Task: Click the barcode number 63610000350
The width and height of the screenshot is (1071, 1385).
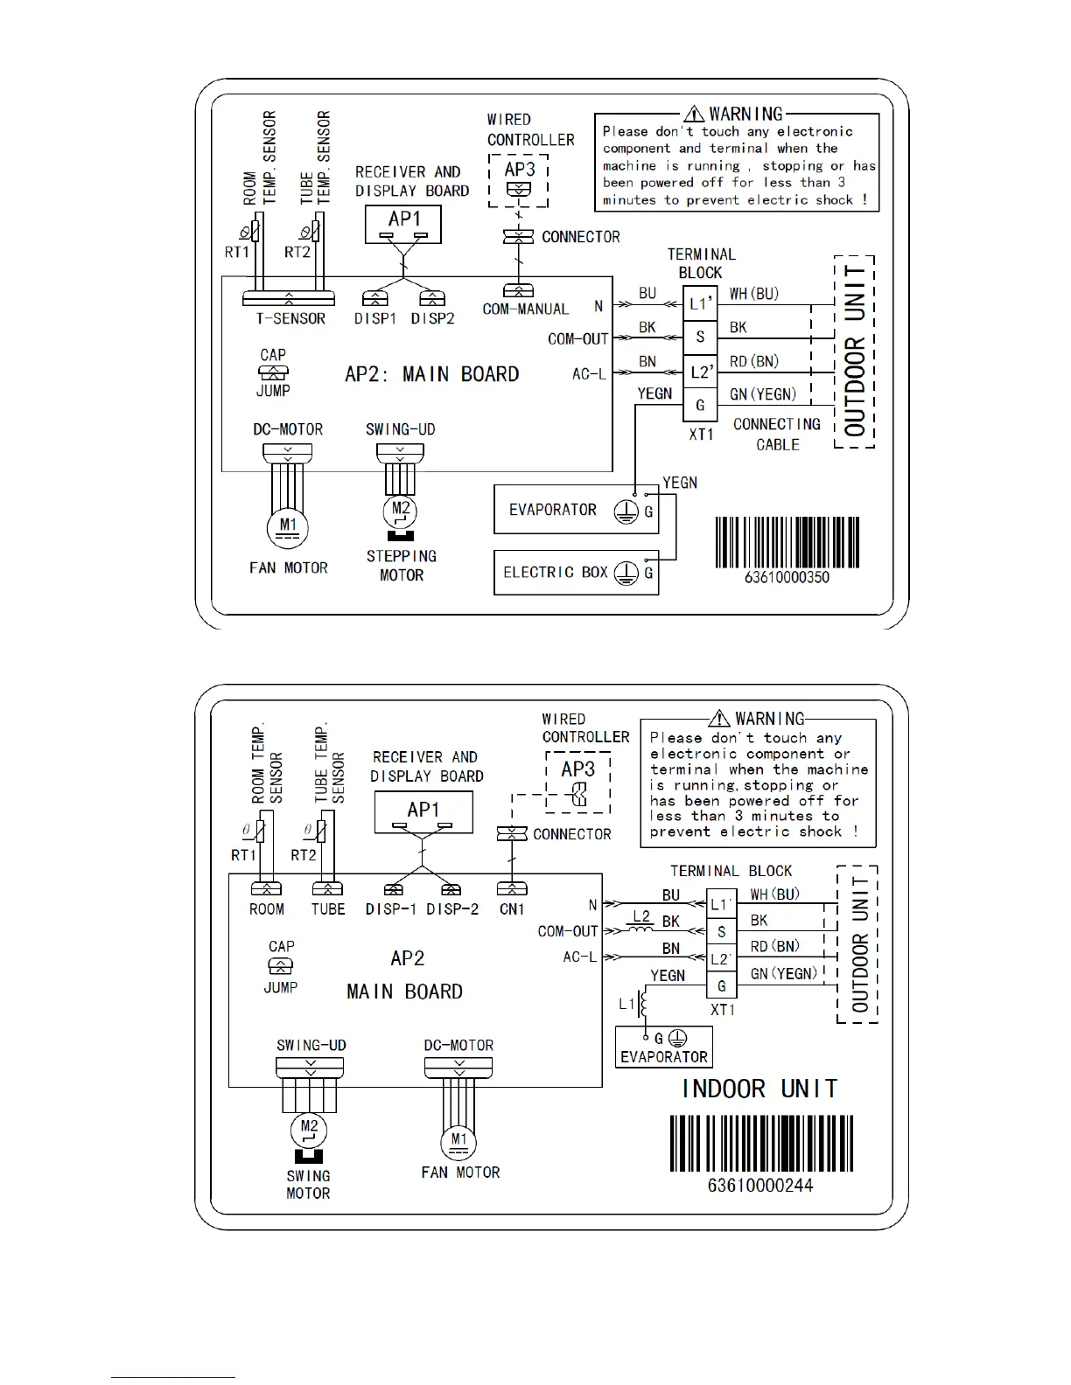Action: (x=787, y=577)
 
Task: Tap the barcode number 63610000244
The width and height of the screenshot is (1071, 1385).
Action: (x=759, y=1186)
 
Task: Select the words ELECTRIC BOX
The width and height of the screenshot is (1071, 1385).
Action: (x=555, y=572)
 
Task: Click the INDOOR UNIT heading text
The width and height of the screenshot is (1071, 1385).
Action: (x=759, y=1089)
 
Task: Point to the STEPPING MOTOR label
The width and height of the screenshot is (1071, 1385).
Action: (x=402, y=566)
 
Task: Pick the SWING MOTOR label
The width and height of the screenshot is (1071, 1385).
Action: (x=308, y=1185)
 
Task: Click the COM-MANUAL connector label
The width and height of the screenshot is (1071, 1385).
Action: (x=525, y=309)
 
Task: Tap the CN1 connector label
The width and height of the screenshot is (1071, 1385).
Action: (x=512, y=909)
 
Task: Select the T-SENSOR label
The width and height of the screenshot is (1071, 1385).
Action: (x=290, y=319)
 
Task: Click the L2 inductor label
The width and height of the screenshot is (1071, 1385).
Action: (x=641, y=916)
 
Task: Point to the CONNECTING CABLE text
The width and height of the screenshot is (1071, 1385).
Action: (x=777, y=435)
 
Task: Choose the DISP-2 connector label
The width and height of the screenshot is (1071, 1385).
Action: (x=452, y=909)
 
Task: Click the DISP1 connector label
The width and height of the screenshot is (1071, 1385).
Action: (x=375, y=319)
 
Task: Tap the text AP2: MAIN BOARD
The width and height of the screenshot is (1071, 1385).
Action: (x=432, y=374)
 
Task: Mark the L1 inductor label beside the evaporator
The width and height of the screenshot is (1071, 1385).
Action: (x=626, y=1004)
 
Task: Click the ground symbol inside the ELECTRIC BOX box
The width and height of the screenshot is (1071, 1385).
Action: (x=625, y=574)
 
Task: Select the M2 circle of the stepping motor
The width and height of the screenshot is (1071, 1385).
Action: (x=401, y=509)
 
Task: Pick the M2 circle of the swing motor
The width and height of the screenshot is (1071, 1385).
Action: (x=308, y=1128)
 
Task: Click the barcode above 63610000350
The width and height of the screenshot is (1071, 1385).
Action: (x=787, y=542)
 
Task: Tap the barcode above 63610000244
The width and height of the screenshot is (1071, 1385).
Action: (x=759, y=1144)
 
